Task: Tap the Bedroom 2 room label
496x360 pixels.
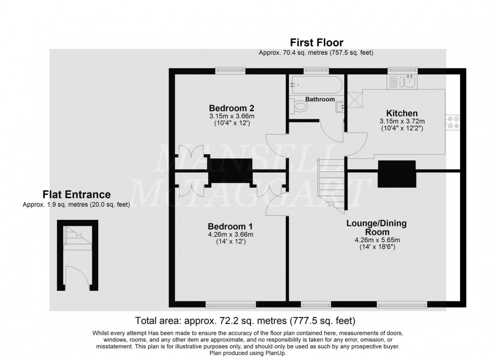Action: (x=231, y=108)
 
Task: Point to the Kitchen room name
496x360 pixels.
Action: (x=402, y=113)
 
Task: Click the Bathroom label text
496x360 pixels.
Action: (x=319, y=100)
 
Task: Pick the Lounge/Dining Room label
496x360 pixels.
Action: (x=377, y=228)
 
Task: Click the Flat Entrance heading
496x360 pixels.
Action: (x=76, y=195)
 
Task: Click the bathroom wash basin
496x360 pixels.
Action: (x=340, y=106)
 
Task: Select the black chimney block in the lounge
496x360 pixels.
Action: (x=397, y=174)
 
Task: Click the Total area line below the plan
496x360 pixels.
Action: (x=245, y=321)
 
